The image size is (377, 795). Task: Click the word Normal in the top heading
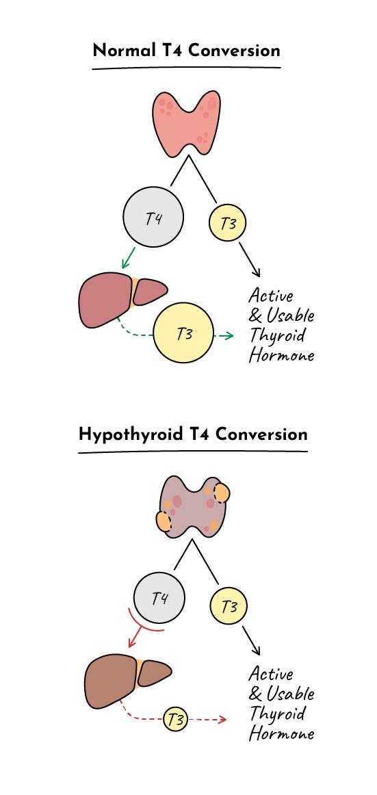click(x=124, y=51)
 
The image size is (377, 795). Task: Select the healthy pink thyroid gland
click(x=187, y=122)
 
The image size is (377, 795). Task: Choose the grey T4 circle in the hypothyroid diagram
click(x=159, y=599)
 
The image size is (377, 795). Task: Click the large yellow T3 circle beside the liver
click(x=184, y=333)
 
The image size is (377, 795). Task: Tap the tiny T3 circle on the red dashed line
click(x=175, y=720)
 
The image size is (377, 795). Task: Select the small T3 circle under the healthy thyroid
click(x=228, y=222)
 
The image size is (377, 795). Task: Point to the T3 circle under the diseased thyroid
click(x=229, y=606)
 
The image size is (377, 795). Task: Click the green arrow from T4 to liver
click(x=129, y=257)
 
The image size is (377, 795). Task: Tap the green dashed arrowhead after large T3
click(x=229, y=336)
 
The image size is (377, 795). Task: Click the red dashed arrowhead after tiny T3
click(x=222, y=720)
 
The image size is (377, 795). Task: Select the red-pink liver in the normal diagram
click(x=122, y=299)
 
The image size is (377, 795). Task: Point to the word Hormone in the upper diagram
click(x=281, y=354)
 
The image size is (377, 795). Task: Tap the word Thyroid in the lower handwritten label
click(x=277, y=714)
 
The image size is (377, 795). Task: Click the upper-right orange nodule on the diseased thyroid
click(x=222, y=493)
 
